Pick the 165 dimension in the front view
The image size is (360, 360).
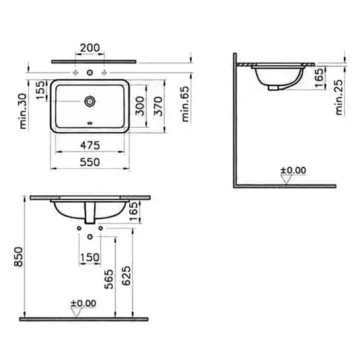[x=133, y=211]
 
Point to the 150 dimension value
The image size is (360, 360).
[x=89, y=256]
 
